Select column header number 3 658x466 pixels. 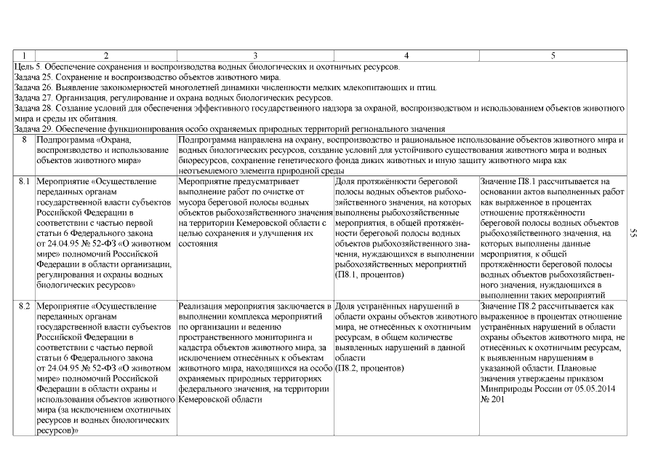click(x=254, y=55)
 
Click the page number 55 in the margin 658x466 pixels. click(x=634, y=232)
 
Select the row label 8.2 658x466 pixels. click(x=24, y=307)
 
